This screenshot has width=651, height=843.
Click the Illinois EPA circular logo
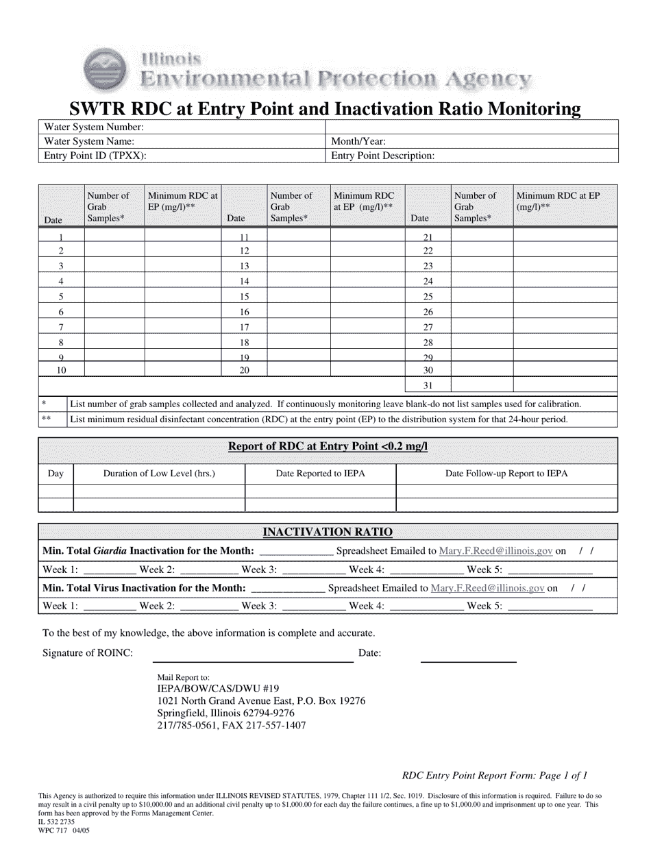point(104,70)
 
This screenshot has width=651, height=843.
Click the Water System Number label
point(94,127)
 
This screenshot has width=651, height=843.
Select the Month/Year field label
point(358,141)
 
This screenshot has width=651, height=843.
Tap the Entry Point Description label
point(383,156)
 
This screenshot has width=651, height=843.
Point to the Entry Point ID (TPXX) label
point(95,156)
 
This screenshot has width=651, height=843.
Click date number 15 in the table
point(244,297)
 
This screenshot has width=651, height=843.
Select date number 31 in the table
point(428,385)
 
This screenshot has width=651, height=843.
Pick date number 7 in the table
point(61,327)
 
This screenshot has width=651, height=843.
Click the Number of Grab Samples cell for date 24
point(482,281)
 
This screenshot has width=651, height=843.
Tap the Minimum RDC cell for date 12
point(367,251)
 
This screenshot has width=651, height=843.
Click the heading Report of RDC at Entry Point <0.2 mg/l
point(328,447)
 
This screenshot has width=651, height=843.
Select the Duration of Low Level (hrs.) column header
point(159,473)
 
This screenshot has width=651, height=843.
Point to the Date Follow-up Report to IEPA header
point(506,473)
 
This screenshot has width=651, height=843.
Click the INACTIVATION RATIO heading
point(328,533)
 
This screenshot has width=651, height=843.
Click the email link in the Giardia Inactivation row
point(495,551)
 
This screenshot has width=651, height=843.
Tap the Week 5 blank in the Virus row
point(551,606)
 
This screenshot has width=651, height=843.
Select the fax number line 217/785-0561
point(232,725)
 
